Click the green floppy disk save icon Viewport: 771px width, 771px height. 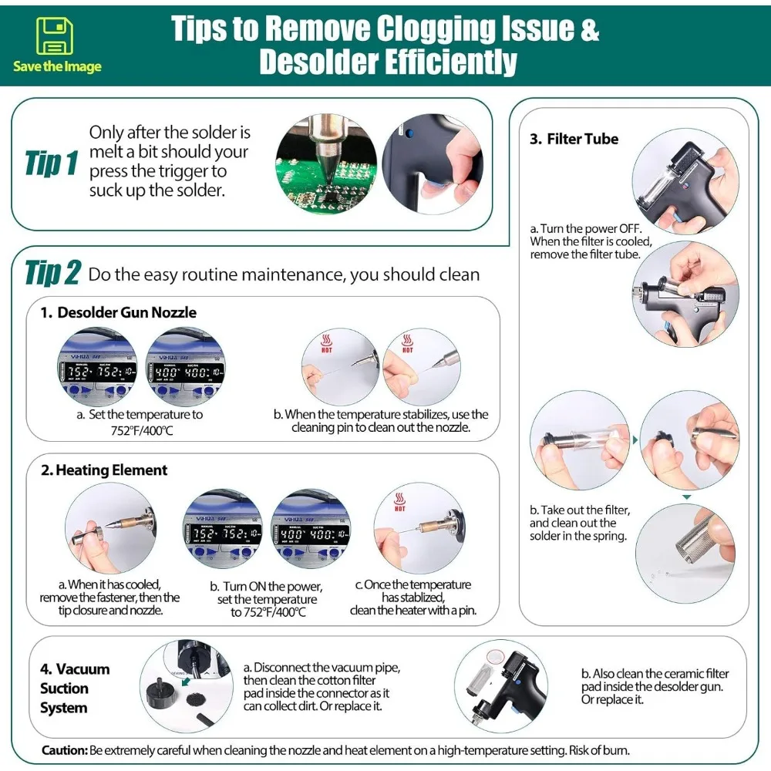[55, 35]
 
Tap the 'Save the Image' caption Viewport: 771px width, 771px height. [57, 66]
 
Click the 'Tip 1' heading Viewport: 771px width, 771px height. [52, 163]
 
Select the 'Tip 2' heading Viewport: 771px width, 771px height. [52, 272]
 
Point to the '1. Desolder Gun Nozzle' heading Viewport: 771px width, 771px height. [119, 312]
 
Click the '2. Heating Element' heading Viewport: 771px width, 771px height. [104, 470]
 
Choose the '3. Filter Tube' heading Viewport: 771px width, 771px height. [574, 139]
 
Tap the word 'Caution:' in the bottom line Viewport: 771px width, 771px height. [65, 750]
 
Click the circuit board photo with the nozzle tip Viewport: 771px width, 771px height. [326, 165]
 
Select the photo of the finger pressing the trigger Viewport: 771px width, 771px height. [433, 165]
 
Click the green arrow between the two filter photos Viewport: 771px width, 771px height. [635, 439]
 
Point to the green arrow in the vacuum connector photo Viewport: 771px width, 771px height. [186, 682]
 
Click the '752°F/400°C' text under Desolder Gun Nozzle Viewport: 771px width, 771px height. [142, 431]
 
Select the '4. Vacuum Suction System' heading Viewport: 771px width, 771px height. [75, 689]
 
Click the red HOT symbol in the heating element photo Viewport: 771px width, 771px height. [399, 502]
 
